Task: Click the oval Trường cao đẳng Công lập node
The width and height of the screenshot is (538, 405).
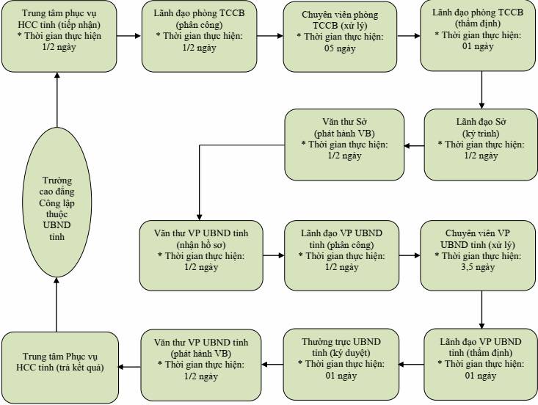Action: (x=57, y=202)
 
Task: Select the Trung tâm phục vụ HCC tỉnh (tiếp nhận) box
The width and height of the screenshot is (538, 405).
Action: (x=59, y=36)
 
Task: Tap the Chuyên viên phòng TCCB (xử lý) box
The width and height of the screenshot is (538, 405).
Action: (x=340, y=37)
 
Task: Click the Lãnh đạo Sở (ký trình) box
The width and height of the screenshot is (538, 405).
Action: (x=481, y=145)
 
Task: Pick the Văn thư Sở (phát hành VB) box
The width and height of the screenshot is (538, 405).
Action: (x=344, y=145)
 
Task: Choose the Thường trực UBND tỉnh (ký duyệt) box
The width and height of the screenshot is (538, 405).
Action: (x=341, y=365)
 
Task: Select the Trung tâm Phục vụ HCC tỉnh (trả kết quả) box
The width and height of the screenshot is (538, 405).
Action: (x=60, y=368)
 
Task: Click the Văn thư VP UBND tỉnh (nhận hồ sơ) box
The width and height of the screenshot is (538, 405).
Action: (x=201, y=255)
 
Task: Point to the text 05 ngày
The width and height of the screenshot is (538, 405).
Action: (x=340, y=48)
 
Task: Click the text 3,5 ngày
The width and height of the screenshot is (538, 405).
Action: (x=478, y=267)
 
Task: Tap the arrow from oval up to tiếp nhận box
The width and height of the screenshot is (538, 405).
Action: (x=57, y=100)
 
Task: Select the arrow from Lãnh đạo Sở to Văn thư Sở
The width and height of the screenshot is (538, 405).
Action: (x=414, y=146)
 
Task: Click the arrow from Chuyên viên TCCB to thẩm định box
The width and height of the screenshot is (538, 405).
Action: (x=409, y=36)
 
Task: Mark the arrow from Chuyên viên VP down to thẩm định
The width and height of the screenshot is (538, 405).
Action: (x=481, y=310)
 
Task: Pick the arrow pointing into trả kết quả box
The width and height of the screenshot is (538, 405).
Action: (x=129, y=367)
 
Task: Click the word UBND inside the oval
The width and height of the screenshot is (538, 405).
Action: (x=57, y=225)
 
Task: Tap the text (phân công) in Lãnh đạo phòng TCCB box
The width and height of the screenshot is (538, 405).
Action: (x=199, y=25)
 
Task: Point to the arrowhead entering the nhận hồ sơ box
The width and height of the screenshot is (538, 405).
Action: (x=200, y=217)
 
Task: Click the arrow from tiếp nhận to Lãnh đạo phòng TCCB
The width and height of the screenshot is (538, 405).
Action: (x=128, y=36)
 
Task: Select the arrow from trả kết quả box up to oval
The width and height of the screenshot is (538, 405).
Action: (x=57, y=304)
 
